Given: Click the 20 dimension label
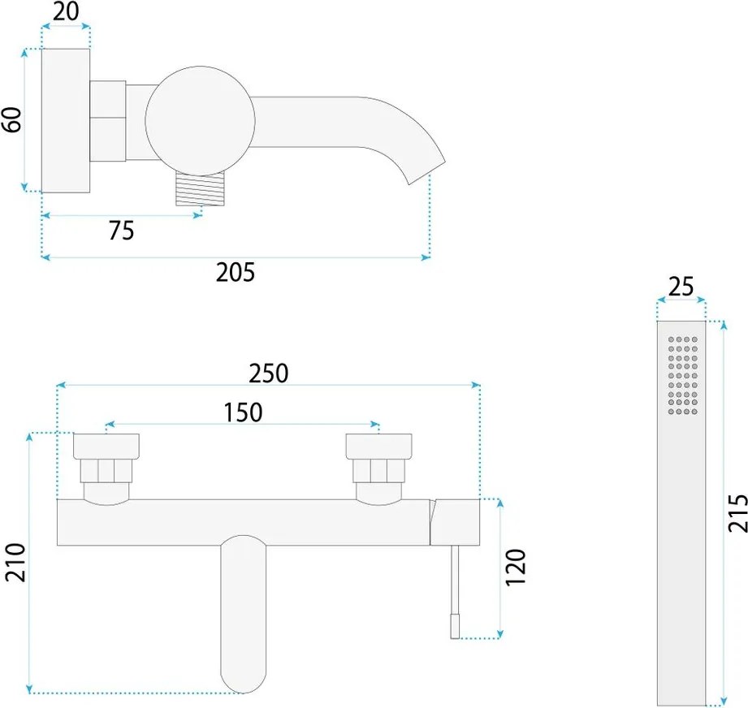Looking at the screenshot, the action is (66, 11).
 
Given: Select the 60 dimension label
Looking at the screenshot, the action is (12, 119).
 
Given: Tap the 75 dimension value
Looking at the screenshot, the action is (121, 231).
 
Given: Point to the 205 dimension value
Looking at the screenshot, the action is (236, 272).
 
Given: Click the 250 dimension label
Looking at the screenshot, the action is (269, 373).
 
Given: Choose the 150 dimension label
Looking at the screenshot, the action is (244, 412).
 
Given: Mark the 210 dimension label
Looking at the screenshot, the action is (15, 562).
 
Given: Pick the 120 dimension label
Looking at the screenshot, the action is (515, 568).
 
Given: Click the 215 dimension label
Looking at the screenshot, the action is (737, 513).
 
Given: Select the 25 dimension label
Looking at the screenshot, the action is (681, 287).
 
